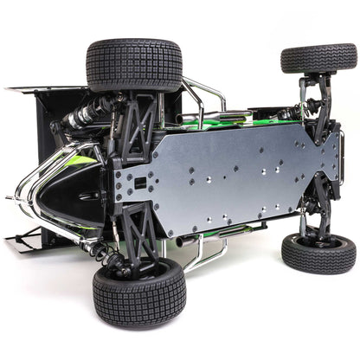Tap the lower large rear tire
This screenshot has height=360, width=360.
coord(138,292)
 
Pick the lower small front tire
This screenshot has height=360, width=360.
coord(318,253)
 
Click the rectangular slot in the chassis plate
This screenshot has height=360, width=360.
coord(138,183)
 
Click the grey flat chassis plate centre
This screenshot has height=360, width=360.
coord(229,177)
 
